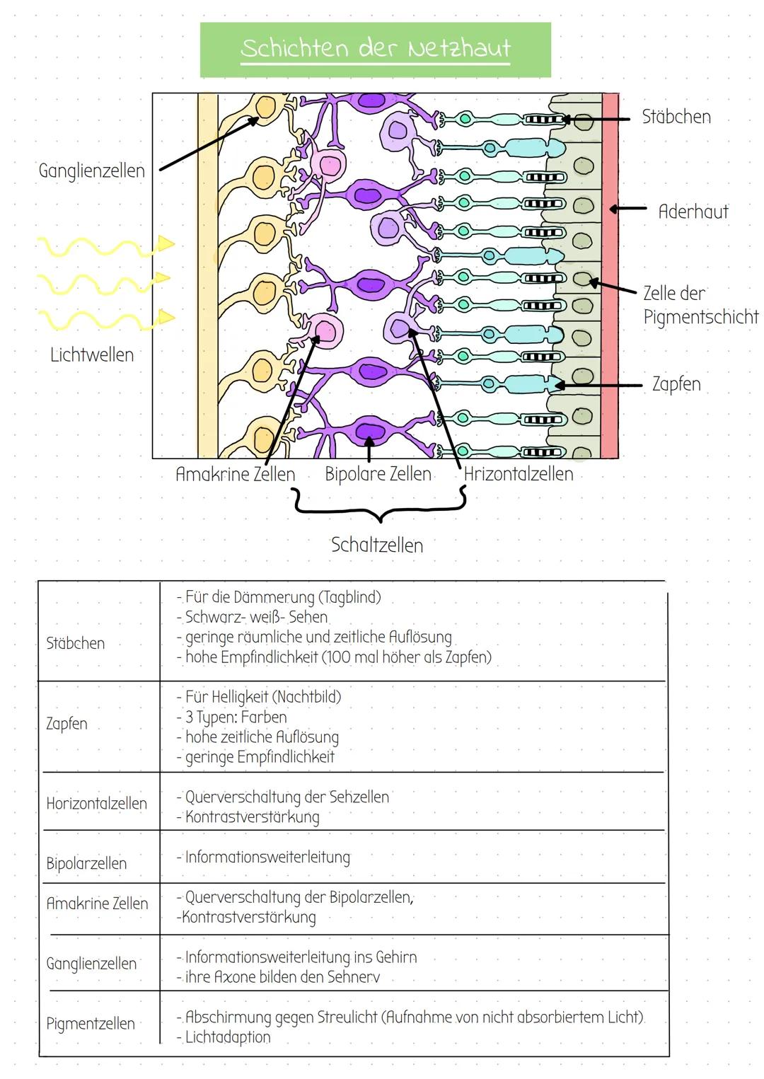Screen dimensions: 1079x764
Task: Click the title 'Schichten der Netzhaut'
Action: pyautogui.click(x=375, y=49)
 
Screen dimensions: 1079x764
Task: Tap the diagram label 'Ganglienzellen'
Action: pyautogui.click(x=91, y=171)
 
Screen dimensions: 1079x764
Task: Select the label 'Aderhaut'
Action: pyautogui.click(x=693, y=212)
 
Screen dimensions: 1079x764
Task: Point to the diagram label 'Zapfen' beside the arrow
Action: pyautogui.click(x=676, y=384)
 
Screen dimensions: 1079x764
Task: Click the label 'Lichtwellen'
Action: pyautogui.click(x=92, y=354)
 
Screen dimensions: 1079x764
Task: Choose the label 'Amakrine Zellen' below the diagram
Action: pyautogui.click(x=235, y=474)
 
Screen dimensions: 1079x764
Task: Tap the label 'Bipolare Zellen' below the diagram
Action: pyautogui.click(x=378, y=474)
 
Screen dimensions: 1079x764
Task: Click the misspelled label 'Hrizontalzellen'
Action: pyautogui.click(x=519, y=474)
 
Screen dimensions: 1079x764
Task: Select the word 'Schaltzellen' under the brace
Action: pyautogui.click(x=377, y=546)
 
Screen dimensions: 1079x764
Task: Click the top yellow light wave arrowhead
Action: pyautogui.click(x=167, y=244)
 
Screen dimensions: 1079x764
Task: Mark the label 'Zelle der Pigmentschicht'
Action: pyautogui.click(x=700, y=305)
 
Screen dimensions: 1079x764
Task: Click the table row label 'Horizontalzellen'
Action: pyautogui.click(x=96, y=804)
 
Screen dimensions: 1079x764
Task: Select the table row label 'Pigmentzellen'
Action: pyautogui.click(x=90, y=1024)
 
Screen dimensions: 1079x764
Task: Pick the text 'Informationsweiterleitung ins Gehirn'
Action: pyautogui.click(x=301, y=957)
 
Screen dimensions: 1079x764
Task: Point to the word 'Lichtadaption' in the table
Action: pyautogui.click(x=228, y=1037)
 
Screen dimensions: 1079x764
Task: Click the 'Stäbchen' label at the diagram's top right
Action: pyautogui.click(x=676, y=117)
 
